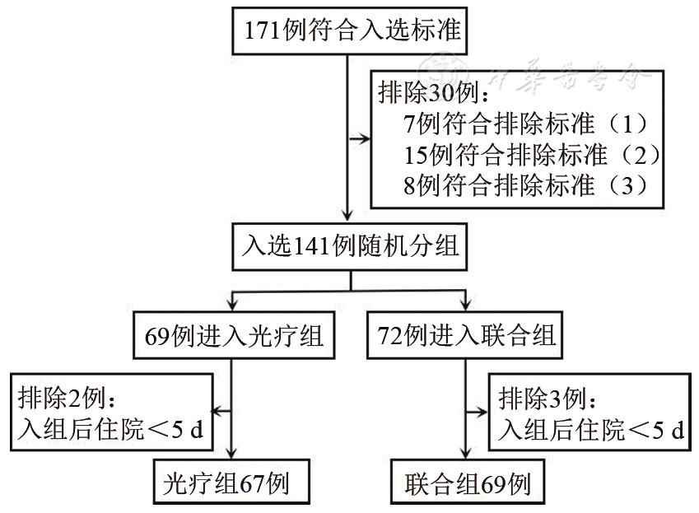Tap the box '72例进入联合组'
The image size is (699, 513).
(x=467, y=335)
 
